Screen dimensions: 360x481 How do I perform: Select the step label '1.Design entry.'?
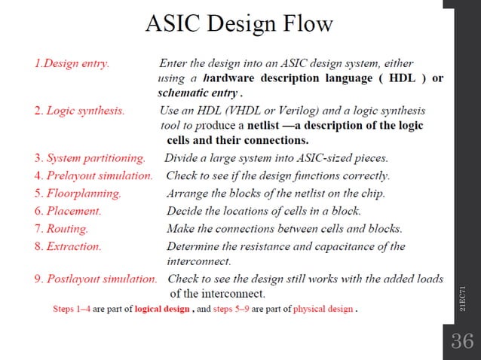click(x=72, y=63)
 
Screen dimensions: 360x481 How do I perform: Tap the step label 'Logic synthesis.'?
click(x=86, y=111)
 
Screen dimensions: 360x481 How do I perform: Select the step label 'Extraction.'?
click(x=74, y=246)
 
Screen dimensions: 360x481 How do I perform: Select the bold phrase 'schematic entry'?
click(x=198, y=94)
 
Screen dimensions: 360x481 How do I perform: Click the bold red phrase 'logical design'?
click(x=162, y=309)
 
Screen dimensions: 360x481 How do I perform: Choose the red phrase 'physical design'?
click(x=323, y=309)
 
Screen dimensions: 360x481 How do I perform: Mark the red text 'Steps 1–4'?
click(x=72, y=309)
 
